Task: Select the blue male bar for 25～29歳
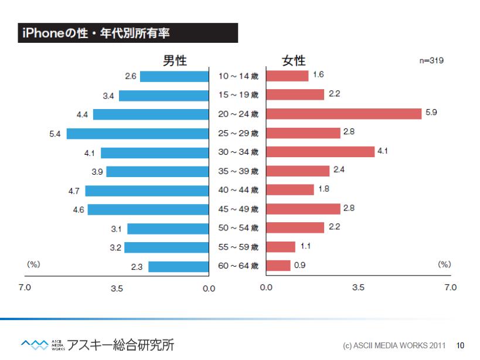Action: (x=138, y=134)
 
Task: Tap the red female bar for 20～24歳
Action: (x=343, y=114)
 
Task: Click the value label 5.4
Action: (x=55, y=134)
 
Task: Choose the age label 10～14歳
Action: (x=238, y=76)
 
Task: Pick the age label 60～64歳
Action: (x=238, y=266)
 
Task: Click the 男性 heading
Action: (x=175, y=60)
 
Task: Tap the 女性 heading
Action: (x=294, y=60)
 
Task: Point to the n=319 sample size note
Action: (x=431, y=60)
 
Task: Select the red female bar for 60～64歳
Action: (x=278, y=266)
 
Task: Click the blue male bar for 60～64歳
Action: (x=179, y=267)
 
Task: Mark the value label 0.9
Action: (x=299, y=265)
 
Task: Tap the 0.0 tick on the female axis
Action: (x=266, y=288)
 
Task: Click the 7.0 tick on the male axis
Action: (x=25, y=287)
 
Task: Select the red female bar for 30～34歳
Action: (x=320, y=152)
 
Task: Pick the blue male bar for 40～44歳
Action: (x=147, y=191)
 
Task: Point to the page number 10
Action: (x=460, y=345)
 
